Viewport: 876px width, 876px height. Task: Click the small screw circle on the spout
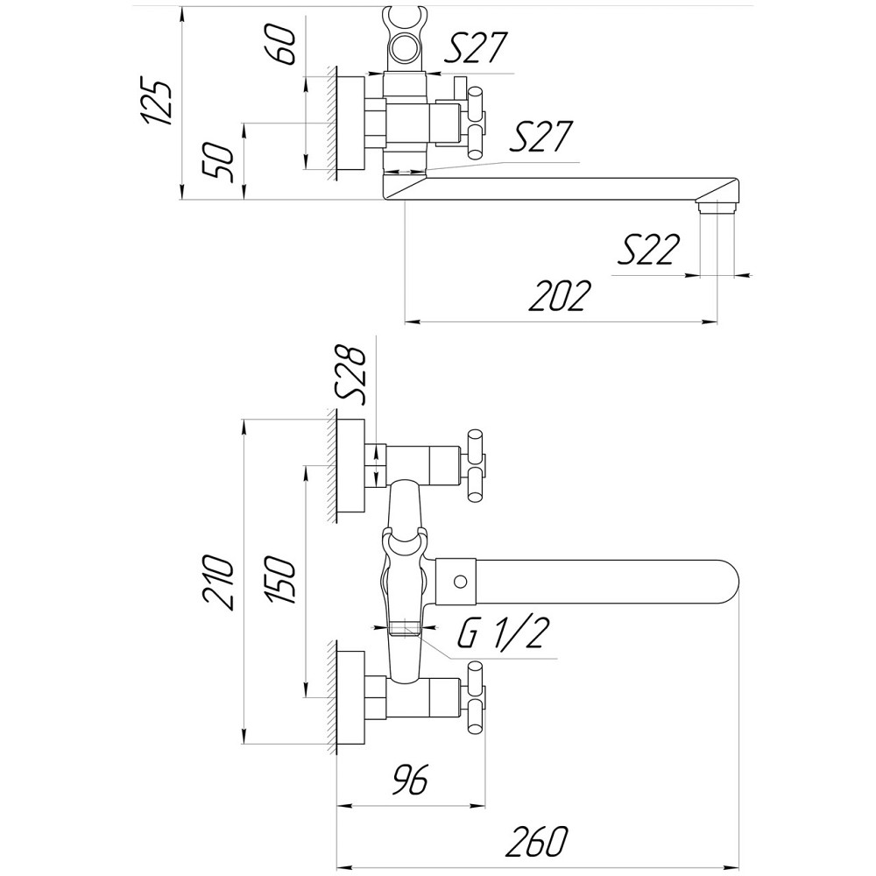(458, 581)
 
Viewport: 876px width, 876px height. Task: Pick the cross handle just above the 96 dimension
(477, 697)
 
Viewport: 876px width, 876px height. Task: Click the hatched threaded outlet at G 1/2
(404, 627)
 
